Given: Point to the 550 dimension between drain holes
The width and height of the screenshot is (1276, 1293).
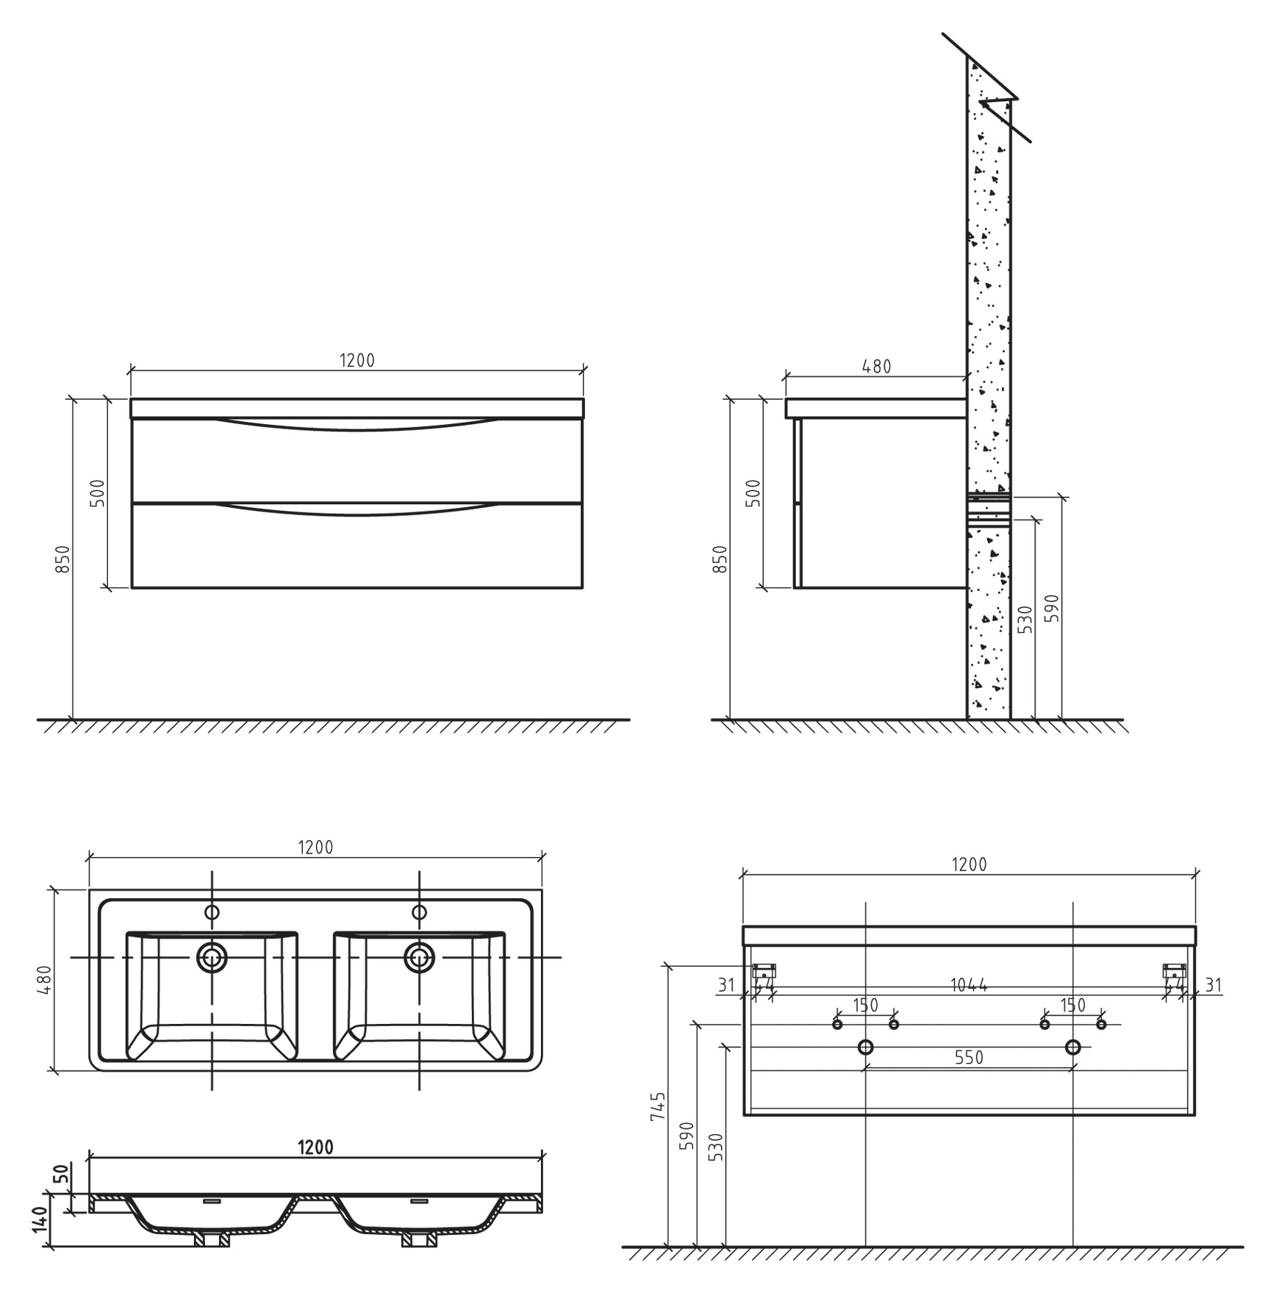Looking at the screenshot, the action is [969, 1057].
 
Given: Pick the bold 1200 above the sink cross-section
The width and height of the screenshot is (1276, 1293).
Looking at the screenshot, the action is [315, 1147].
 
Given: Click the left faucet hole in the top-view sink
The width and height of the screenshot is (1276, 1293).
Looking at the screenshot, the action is [212, 912].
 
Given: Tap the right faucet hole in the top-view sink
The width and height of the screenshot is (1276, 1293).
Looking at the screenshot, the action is [419, 912].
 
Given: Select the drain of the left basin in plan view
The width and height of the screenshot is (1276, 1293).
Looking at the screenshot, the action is [212, 957].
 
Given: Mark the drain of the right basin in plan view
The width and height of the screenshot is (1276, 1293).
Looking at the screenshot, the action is [419, 957].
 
